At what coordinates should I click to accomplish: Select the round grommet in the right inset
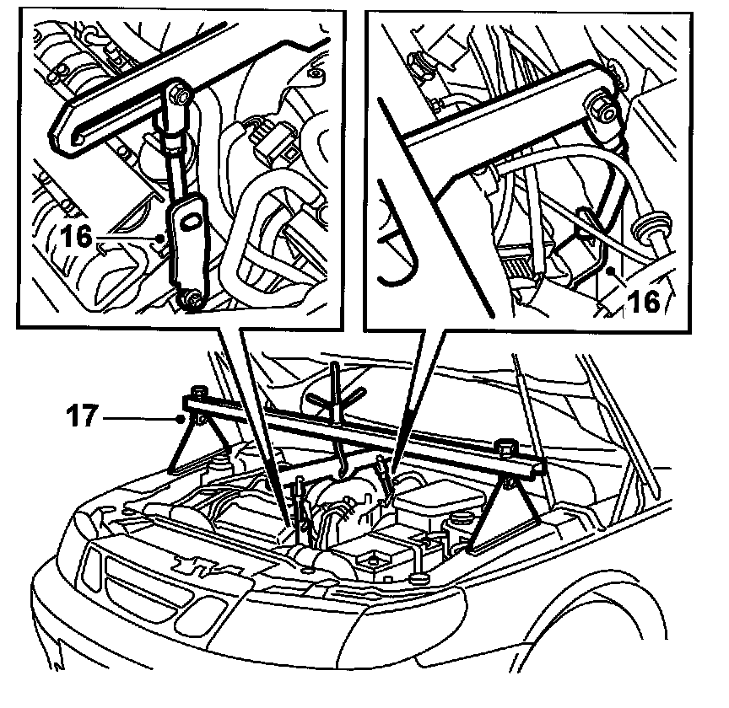click(652, 228)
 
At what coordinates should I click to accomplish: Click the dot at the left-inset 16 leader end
click(160, 239)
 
